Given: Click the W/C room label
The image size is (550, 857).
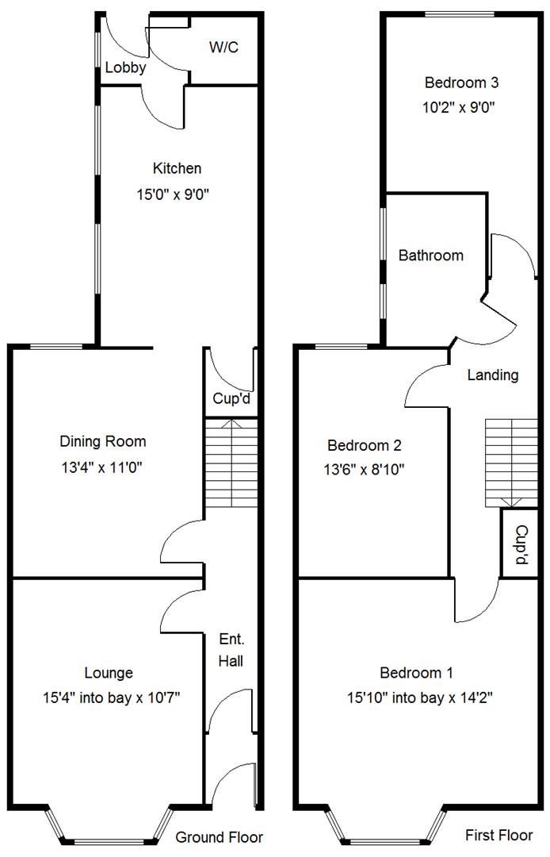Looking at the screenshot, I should pos(223,48).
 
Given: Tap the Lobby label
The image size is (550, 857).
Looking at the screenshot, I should pos(125,68).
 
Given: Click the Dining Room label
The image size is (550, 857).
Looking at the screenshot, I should pos(103,441).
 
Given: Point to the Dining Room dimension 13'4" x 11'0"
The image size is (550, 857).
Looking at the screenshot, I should pos(103,468).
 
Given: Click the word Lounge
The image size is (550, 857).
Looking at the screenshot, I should pos(109,673).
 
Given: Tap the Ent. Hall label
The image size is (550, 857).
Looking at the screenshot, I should pos(231,649).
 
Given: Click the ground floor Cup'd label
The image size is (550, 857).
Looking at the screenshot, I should pos(231,399).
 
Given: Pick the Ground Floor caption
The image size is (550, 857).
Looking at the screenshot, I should pos(219,837).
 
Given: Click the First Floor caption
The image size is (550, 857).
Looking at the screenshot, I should pos(499,835).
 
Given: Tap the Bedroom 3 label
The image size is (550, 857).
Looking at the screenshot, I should pos(461,82).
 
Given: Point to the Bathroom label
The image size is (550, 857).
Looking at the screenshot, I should pos(430,256).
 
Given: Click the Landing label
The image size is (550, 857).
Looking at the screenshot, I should pos(492,375).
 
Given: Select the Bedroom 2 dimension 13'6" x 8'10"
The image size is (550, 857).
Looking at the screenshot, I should pos(367,469).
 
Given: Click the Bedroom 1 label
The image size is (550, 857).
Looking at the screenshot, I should pos(416,673).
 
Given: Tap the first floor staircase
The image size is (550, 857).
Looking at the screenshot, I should pos(512,464).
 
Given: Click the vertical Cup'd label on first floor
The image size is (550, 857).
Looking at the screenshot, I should pos(521,544).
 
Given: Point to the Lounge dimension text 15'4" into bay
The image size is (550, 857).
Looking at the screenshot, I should pos(89,698).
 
